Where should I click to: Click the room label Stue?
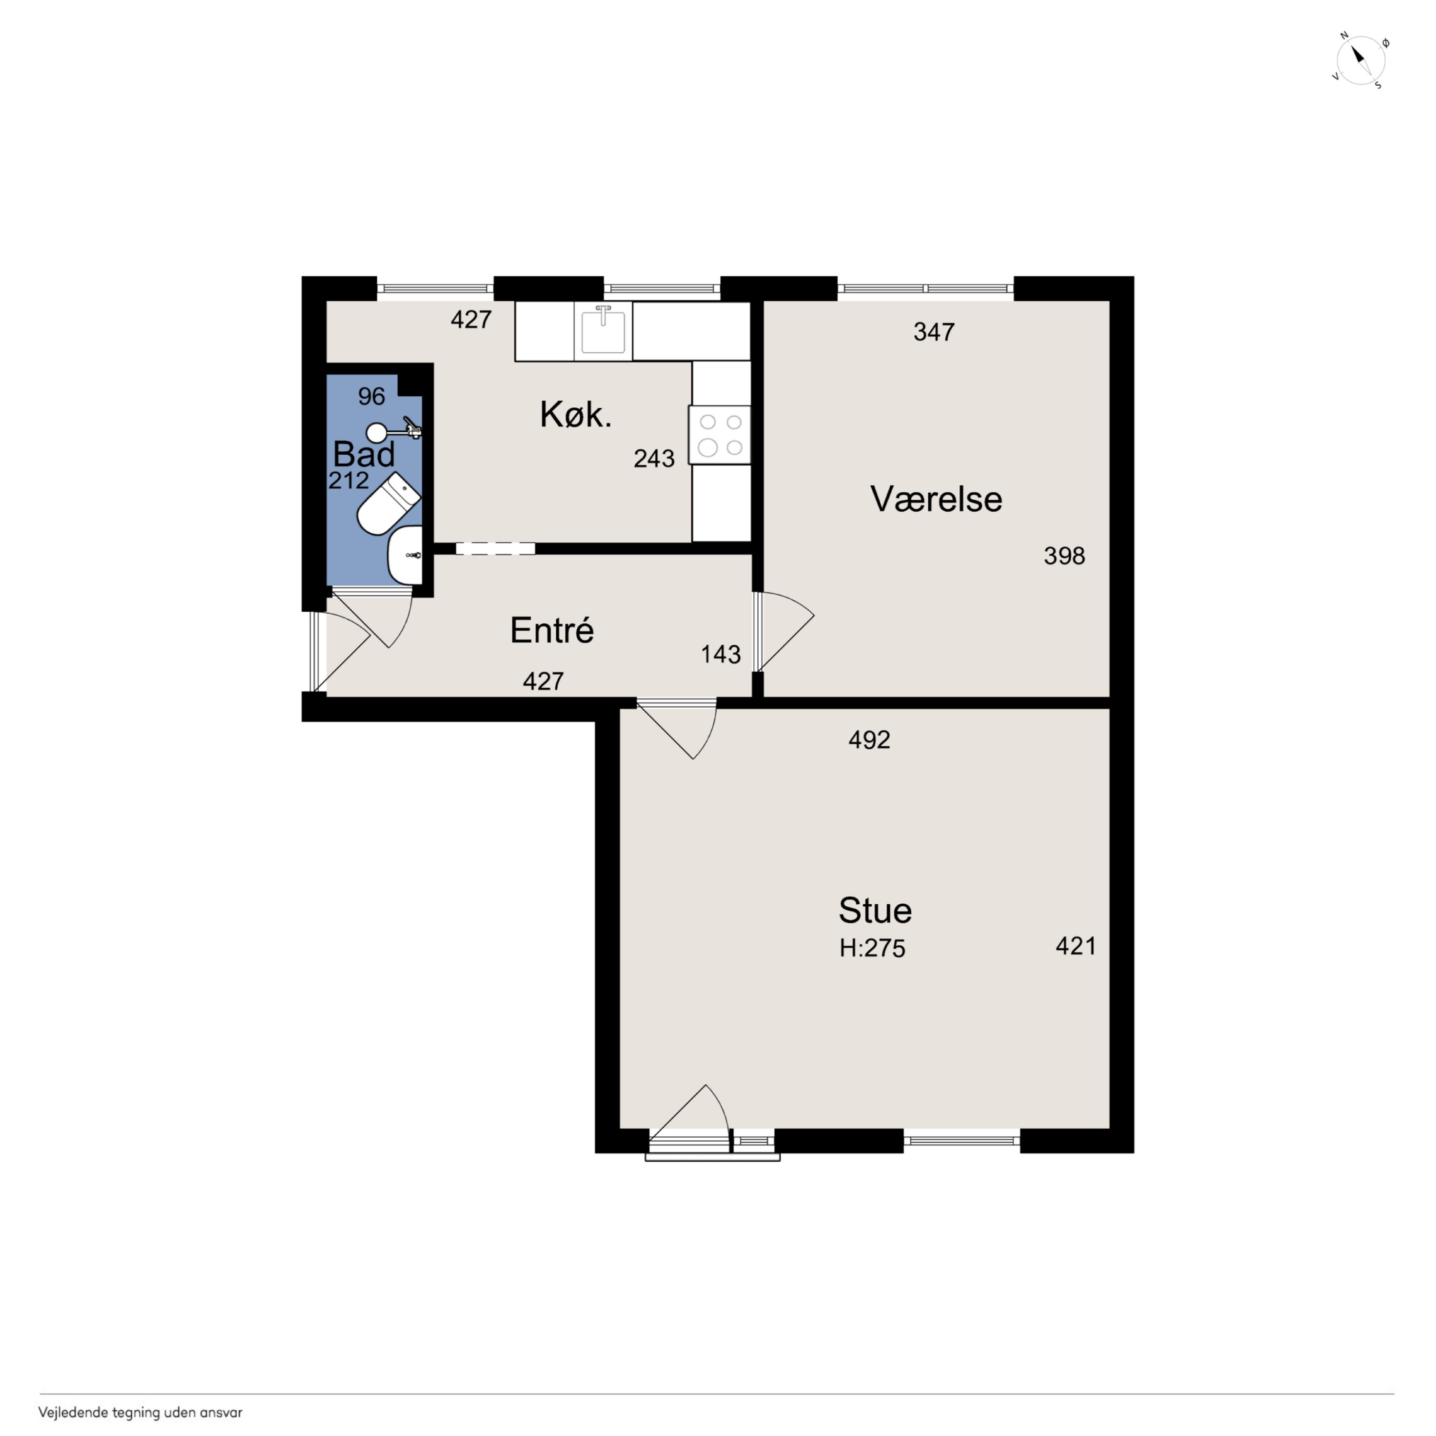tap(875, 910)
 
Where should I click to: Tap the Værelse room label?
tap(936, 499)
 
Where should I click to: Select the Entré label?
tap(551, 630)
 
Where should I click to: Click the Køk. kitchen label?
tap(575, 414)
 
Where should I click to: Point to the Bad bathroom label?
tap(363, 454)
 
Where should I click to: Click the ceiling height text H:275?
tap(873, 948)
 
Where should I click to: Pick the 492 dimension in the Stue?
tap(869, 740)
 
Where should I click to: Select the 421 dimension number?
tap(1076, 946)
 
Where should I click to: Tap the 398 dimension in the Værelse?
tap(1065, 556)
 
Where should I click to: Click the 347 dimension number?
tap(933, 332)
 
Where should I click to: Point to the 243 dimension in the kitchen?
tap(654, 459)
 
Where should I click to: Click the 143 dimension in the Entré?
tap(720, 654)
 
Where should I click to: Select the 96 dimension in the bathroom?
tap(371, 396)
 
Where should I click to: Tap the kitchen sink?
tap(603, 331)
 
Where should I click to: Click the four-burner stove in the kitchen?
tap(719, 435)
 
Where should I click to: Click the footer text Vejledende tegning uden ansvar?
tap(140, 1412)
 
